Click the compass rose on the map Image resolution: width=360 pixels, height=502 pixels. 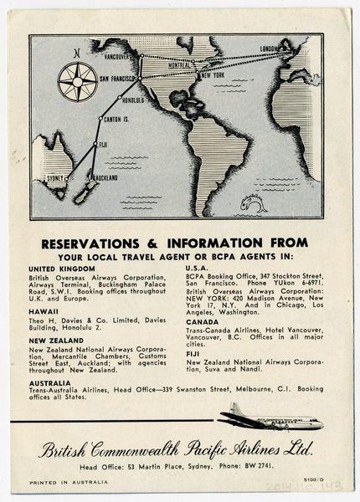pos(76,83)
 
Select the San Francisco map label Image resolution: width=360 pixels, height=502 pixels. pos(117,78)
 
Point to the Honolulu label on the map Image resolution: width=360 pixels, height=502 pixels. pos(131,100)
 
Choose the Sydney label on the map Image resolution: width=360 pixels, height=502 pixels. pos(55,178)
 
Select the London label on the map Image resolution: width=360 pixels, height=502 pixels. pos(269,49)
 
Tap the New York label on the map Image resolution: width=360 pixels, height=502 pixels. pos(210,76)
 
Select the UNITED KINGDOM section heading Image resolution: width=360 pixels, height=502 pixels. pos(61,269)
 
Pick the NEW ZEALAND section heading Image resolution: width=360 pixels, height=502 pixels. pos(56,341)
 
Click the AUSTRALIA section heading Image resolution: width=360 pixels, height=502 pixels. pos(49,382)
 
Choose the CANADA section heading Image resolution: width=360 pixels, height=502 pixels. pos(202,321)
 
